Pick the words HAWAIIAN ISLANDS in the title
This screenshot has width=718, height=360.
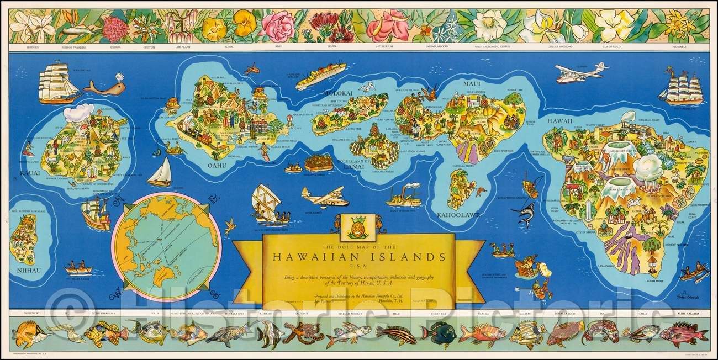(x=358, y=257)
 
